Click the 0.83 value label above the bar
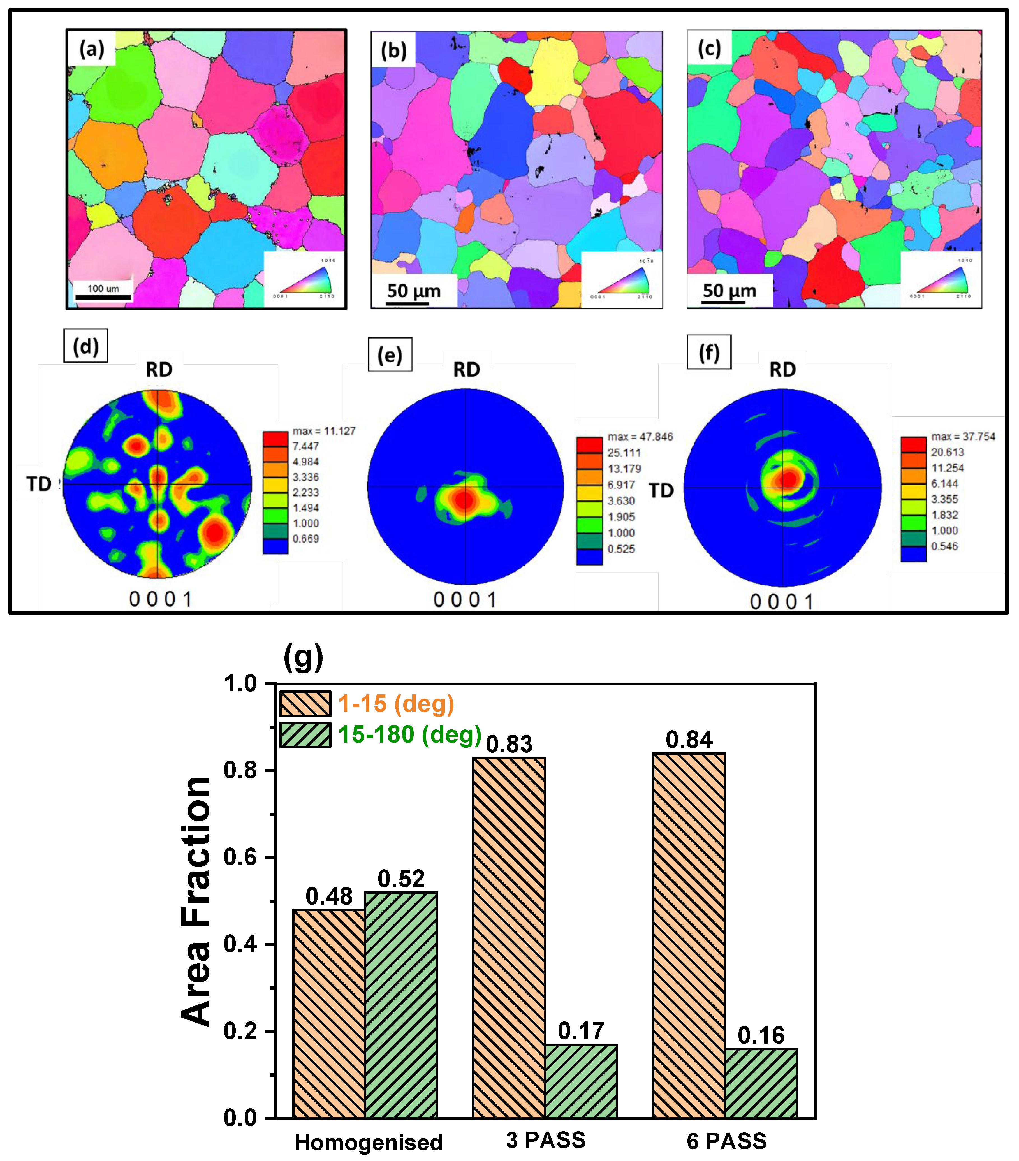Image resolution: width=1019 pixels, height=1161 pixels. pyautogui.click(x=509, y=744)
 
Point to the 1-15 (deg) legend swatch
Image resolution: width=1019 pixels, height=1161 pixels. pyautogui.click(x=305, y=704)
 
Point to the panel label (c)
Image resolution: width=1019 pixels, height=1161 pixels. pyautogui.click(x=709, y=49)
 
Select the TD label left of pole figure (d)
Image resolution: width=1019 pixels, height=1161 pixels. pyautogui.click(x=39, y=484)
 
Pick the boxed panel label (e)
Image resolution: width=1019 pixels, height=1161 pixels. pyautogui.click(x=390, y=355)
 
